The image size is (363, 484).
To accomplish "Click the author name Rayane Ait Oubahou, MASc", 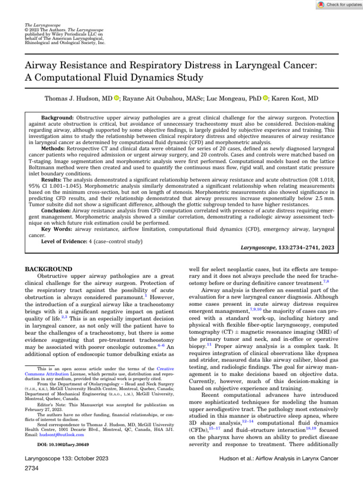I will [156, 98].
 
